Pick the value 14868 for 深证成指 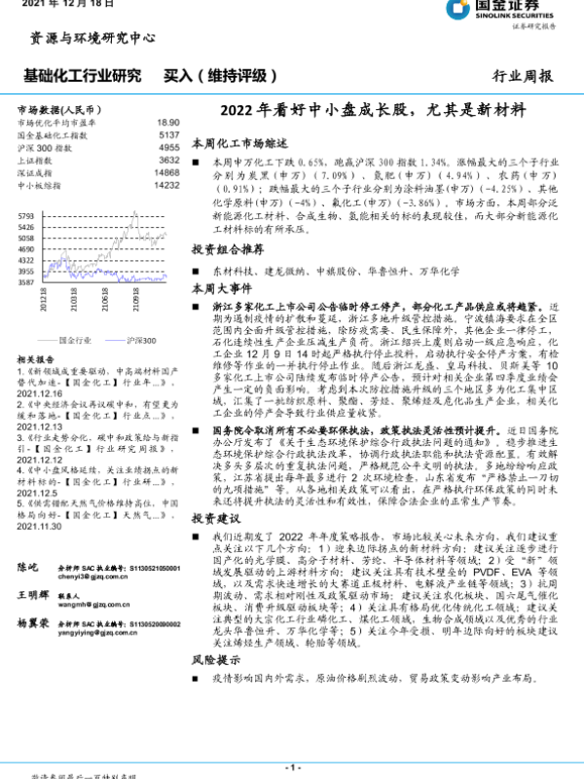[166, 171]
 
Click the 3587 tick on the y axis [26, 283]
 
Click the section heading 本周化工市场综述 [237, 142]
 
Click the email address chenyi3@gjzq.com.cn [108, 576]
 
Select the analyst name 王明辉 [35, 594]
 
